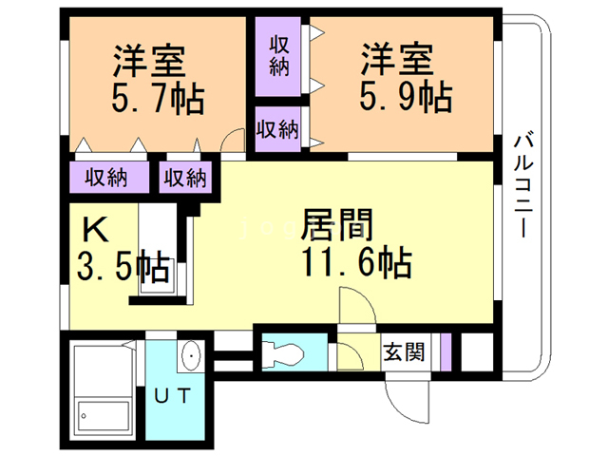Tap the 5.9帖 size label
[406, 96]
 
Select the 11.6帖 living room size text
[357, 261]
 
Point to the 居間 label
[336, 224]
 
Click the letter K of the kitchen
[95, 230]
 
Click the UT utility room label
[173, 395]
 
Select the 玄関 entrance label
[404, 352]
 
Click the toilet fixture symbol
[283, 353]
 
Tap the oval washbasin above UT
[191, 355]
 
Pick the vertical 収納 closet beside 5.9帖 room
[278, 57]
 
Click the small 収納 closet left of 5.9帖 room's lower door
[278, 129]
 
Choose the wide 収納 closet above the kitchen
[109, 178]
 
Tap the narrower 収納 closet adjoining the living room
[185, 178]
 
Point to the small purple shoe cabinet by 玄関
[446, 351]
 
